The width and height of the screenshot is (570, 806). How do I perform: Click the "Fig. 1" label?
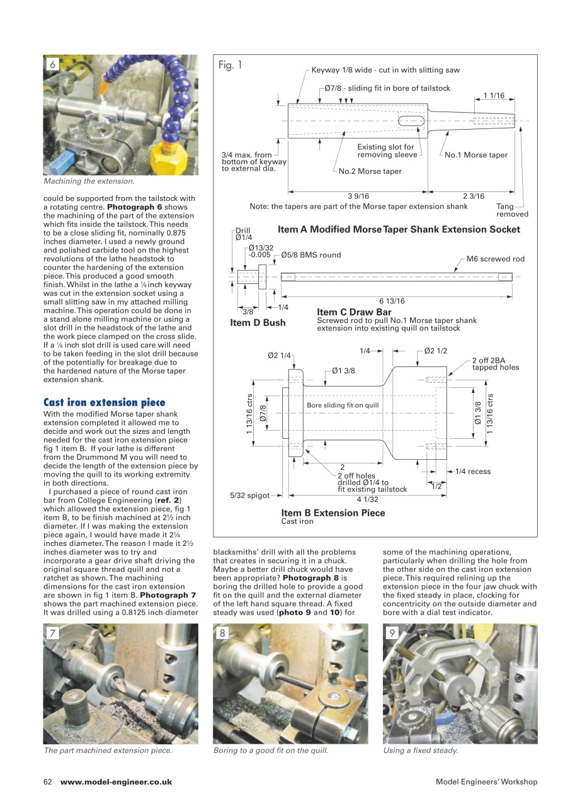[231, 65]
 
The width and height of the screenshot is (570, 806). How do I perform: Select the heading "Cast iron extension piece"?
[104, 402]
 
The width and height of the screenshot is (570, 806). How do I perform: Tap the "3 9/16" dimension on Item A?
[358, 196]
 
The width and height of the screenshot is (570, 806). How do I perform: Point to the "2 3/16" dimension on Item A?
[474, 196]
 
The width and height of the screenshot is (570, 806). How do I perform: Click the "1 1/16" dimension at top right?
[494, 95]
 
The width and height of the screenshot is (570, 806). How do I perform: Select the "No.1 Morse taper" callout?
[476, 155]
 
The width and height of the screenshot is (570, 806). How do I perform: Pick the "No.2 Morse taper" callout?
[370, 171]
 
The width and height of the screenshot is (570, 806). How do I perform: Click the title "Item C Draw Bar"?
[354, 312]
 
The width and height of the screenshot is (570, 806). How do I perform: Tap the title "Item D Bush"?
[258, 323]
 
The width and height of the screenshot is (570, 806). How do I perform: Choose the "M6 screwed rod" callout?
[495, 259]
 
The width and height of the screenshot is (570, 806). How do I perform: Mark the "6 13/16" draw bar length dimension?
[391, 301]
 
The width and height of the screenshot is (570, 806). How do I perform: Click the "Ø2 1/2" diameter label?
[436, 351]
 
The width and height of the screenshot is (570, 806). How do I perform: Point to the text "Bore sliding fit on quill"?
[343, 405]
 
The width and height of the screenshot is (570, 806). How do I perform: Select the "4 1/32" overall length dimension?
[368, 499]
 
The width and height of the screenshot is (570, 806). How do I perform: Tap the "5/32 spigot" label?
[250, 496]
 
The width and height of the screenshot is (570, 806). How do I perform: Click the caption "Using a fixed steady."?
[420, 750]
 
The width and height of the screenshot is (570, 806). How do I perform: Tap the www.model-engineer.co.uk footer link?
[116, 781]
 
